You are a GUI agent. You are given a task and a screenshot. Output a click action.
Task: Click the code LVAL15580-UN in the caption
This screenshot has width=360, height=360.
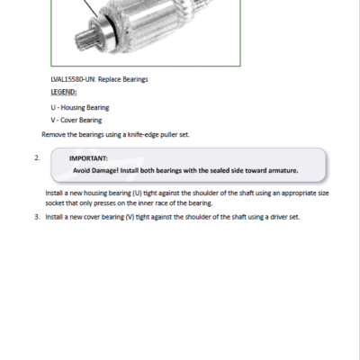click(73, 79)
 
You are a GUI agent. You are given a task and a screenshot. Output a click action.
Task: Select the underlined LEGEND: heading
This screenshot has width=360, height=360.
click(64, 92)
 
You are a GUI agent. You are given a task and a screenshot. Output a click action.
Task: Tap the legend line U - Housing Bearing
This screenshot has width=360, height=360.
click(80, 107)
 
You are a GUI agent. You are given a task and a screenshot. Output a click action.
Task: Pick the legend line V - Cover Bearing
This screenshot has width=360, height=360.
click(76, 120)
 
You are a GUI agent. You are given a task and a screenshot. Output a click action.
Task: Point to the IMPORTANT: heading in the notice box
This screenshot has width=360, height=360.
click(88, 158)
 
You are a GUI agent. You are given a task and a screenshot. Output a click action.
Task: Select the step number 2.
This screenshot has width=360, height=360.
click(37, 157)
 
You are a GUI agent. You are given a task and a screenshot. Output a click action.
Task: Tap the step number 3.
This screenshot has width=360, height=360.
click(37, 217)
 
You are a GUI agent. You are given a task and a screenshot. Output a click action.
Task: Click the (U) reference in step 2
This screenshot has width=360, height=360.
click(137, 193)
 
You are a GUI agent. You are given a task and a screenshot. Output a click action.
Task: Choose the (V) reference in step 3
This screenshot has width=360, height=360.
click(130, 217)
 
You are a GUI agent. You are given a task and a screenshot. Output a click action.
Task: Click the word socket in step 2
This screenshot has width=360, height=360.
click(55, 203)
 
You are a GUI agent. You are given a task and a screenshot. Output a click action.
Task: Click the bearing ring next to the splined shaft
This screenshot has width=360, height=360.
click(106, 32)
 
